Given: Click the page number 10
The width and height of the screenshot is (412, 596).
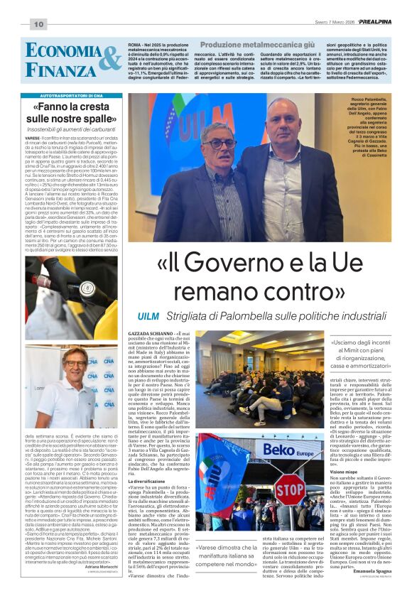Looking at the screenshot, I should point(37,25).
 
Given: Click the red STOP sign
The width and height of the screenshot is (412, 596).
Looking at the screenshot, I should point(290,490).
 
